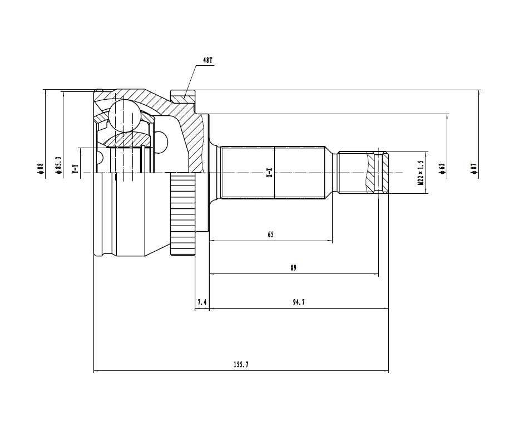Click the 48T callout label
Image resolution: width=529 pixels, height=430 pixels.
(207, 60)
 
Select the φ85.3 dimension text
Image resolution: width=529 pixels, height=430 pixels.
(58, 166)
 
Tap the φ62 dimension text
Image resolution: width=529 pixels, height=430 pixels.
(442, 168)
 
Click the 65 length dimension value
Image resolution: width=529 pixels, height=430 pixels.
(270, 234)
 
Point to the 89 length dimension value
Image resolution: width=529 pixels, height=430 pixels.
(293, 268)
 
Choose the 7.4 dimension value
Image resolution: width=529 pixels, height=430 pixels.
(202, 302)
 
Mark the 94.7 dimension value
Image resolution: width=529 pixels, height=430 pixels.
(298, 302)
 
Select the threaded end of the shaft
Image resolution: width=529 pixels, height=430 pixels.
(364, 172)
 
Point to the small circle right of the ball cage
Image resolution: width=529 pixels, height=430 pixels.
(160, 139)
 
